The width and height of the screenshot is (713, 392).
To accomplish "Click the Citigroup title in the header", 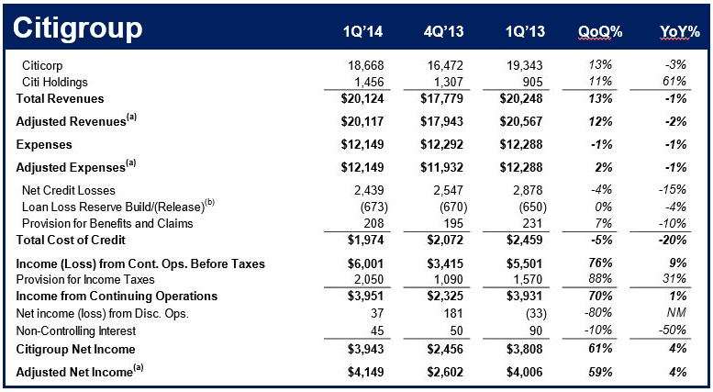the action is pyautogui.click(x=78, y=29).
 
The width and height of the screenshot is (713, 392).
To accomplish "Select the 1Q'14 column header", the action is pyautogui.click(x=362, y=31).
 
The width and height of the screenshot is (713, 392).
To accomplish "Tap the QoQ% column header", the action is pyautogui.click(x=600, y=31).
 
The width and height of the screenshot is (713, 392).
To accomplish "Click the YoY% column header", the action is pyautogui.click(x=680, y=31).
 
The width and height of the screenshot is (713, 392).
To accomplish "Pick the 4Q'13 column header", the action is pyautogui.click(x=444, y=31).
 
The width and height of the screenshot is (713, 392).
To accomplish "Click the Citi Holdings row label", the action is pyautogui.click(x=54, y=83).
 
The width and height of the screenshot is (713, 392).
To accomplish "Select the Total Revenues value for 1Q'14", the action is pyautogui.click(x=362, y=98).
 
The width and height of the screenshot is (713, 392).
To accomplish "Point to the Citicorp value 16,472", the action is pyautogui.click(x=445, y=65).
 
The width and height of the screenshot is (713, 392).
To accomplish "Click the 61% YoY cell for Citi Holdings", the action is pyautogui.click(x=674, y=82).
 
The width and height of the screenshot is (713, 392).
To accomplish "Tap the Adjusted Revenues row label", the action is pyautogui.click(x=76, y=121).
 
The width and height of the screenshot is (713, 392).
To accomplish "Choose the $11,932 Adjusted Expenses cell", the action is pyautogui.click(x=442, y=167).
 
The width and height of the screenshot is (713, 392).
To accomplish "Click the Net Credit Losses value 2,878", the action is pyautogui.click(x=525, y=190).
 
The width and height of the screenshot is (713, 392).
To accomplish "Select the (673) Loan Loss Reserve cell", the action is pyautogui.click(x=373, y=207).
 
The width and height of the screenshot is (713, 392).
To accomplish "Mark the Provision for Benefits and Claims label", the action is pyautogui.click(x=107, y=223).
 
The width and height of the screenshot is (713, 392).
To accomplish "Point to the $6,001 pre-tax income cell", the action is pyautogui.click(x=365, y=263).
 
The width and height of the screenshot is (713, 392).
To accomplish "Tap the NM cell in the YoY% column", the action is pyautogui.click(x=675, y=313).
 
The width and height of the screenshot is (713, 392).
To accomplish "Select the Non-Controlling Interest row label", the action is pyautogui.click(x=76, y=331).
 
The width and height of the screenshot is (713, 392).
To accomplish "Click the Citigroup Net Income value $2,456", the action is pyautogui.click(x=445, y=349).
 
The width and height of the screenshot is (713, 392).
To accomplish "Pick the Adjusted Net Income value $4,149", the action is pyautogui.click(x=365, y=372).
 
